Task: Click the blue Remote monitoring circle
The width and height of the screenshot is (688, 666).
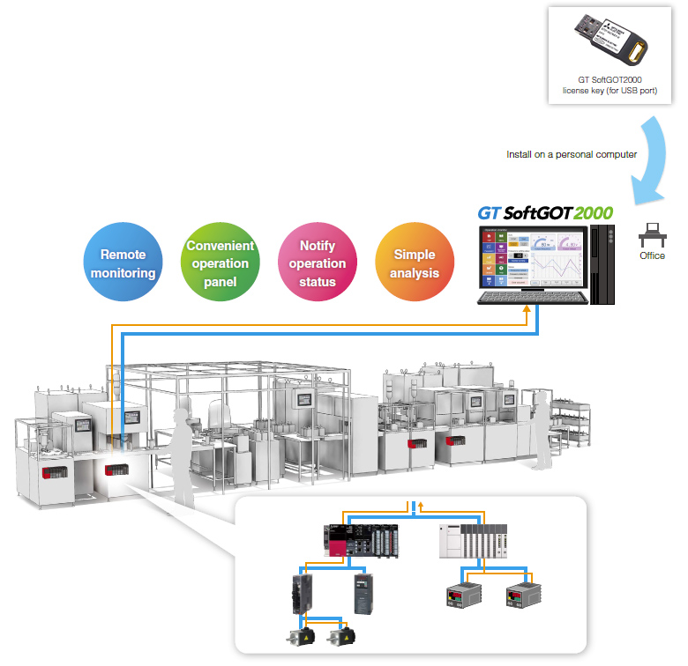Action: (123, 263)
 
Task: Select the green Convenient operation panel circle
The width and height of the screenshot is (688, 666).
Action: (220, 263)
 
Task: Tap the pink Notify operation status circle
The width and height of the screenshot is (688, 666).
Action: (317, 263)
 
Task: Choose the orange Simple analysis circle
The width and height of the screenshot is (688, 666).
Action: (415, 263)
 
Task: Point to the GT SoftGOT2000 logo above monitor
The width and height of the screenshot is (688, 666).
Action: (545, 213)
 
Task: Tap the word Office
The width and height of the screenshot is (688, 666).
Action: (652, 256)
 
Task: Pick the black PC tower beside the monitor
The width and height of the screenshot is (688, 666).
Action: (603, 264)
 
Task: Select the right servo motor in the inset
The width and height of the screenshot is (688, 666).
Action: (339, 636)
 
